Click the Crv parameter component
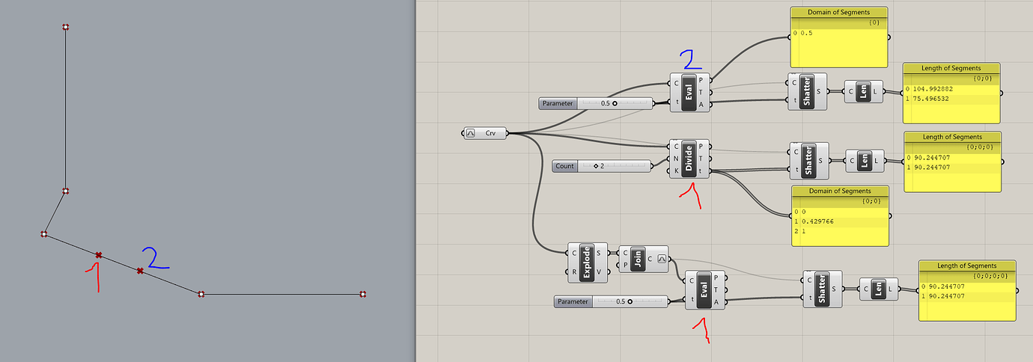486,133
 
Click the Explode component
588,262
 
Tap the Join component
639,258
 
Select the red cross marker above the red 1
98,255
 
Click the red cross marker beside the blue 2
140,271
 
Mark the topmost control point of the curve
66,27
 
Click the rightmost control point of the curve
363,294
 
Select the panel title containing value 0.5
838,13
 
